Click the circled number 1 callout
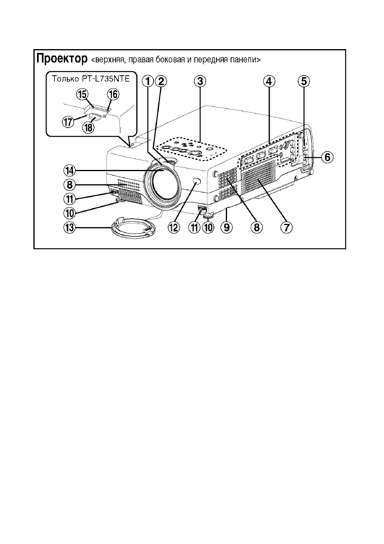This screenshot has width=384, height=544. point(148,81)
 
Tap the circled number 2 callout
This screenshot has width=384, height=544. point(161,81)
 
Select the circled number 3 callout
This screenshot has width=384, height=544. point(200,81)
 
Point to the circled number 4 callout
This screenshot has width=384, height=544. point(269,81)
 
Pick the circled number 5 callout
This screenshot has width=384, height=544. point(304,81)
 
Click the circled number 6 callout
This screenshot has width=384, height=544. point(327,157)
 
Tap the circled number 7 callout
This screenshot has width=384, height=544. point(287,228)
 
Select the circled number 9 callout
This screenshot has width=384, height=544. point(227,228)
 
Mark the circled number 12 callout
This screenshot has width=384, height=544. point(174,228)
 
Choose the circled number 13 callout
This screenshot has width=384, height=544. point(70,228)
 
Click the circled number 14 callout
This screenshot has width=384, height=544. point(70,171)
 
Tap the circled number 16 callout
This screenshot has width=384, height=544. point(113,95)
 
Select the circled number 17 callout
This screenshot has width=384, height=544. point(69,121)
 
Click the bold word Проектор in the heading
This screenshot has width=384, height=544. point(62,59)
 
